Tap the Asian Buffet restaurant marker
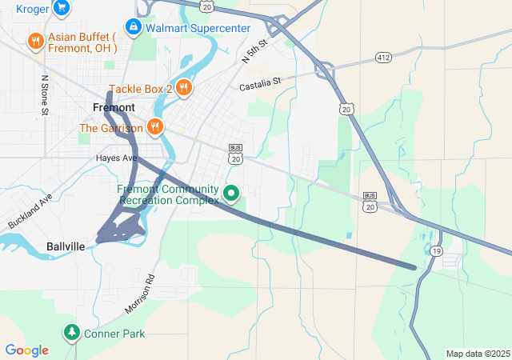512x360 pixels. (x=35, y=42)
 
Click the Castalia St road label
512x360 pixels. (x=260, y=82)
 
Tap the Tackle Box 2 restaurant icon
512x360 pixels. (x=183, y=88)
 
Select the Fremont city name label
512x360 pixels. (x=114, y=107)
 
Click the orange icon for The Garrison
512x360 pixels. (x=154, y=127)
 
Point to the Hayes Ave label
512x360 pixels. (x=117, y=158)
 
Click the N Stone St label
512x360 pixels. (x=45, y=97)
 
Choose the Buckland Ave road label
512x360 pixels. (x=30, y=212)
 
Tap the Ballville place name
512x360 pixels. (x=66, y=246)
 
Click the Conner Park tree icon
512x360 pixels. (x=72, y=332)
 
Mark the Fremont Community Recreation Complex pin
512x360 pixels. (x=231, y=193)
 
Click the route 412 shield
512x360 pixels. (x=384, y=58)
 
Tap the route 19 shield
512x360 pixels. (x=435, y=250)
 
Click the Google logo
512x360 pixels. (x=26, y=350)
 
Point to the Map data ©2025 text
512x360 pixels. (x=478, y=354)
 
